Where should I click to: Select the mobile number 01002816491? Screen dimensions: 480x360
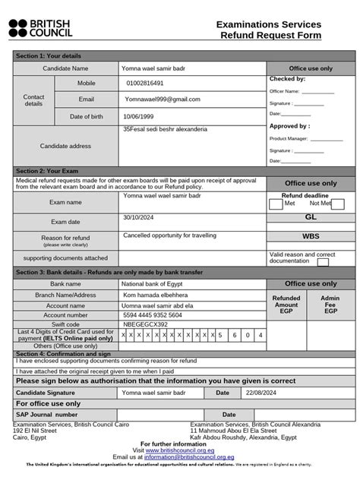point(144,84)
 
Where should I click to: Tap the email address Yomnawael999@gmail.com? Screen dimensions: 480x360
point(163,99)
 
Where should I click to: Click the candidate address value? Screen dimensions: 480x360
point(165,130)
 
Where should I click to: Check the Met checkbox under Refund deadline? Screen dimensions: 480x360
point(276,204)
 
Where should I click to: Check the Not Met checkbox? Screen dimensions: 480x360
point(338,204)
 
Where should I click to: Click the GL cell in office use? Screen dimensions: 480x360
point(310,217)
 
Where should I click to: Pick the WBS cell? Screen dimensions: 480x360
point(310,236)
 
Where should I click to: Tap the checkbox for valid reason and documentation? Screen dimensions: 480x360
point(323,262)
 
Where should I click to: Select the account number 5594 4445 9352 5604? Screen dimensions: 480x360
point(153,314)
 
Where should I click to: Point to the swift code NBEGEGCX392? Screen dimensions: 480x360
point(145,324)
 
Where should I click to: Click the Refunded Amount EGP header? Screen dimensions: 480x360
point(286,305)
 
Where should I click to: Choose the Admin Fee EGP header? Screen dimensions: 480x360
point(330,305)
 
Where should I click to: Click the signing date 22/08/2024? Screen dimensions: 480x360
point(261,393)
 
